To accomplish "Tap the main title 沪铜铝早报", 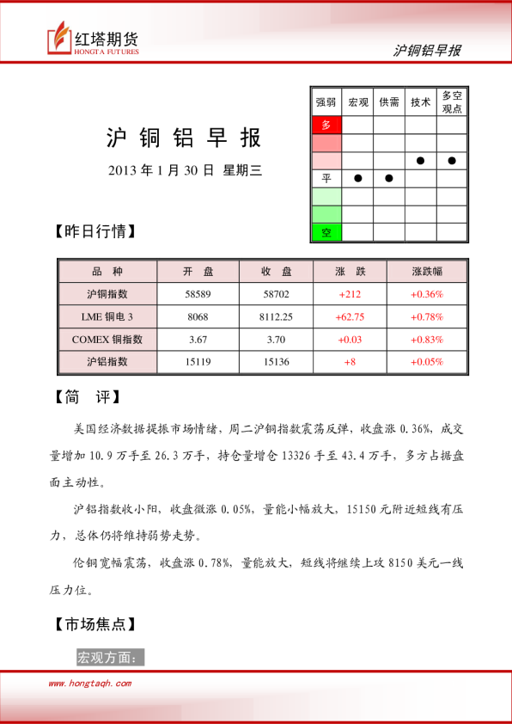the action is click(184, 138).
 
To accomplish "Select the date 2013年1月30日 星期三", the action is click(184, 170).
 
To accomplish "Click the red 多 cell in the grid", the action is click(326, 125).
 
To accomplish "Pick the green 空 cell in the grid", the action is click(326, 232).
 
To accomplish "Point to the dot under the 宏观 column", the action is click(357, 178).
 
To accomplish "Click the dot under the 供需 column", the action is click(389, 178).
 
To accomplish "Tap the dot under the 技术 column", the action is click(421, 160).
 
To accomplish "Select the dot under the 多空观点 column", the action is click(452, 160).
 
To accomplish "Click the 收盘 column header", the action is click(276, 272).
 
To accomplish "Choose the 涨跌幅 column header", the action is click(427, 272).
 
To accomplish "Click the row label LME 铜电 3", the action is click(107, 316).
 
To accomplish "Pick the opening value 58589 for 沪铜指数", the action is click(198, 294).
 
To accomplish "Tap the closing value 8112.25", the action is click(276, 316).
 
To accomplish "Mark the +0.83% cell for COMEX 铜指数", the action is click(427, 339).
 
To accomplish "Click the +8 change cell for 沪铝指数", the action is click(350, 361).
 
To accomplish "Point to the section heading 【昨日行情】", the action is click(94, 231).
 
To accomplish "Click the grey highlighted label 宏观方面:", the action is click(109, 658).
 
